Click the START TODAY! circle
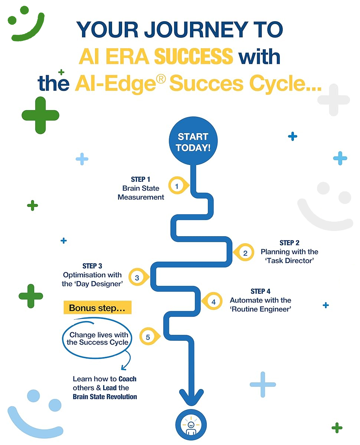[193, 141]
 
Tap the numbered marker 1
[178, 185]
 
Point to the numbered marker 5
[150, 336]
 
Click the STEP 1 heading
[141, 179]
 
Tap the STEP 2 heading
[289, 243]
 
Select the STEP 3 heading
[92, 266]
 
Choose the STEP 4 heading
[260, 291]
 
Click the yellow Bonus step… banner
[97, 307]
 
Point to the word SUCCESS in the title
[193, 56]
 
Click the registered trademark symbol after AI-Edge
[161, 79]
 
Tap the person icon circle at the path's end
[191, 425]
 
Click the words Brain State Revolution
[105, 396]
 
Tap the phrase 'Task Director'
[289, 261]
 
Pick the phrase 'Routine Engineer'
[260, 309]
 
